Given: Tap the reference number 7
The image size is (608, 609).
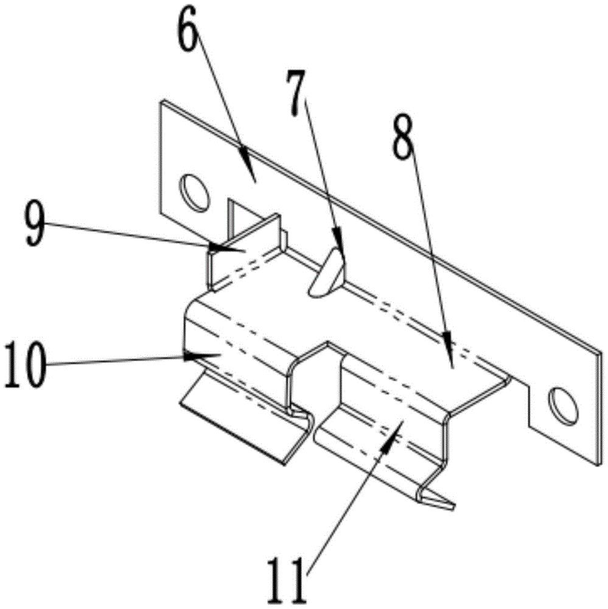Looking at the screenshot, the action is [x=296, y=91].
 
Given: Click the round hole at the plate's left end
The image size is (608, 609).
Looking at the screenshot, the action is [x=195, y=192].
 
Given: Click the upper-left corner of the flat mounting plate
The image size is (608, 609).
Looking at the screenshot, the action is [x=161, y=102].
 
